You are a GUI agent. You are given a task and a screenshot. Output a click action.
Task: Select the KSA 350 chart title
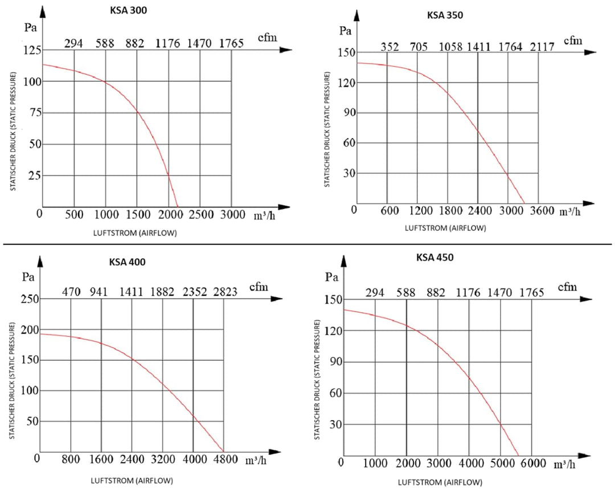click(x=445, y=15)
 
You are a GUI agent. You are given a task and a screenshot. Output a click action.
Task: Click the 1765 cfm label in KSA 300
click(x=231, y=43)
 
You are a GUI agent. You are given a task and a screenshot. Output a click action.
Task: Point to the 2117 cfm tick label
click(x=541, y=47)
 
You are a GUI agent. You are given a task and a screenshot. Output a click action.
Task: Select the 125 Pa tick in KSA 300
click(x=31, y=51)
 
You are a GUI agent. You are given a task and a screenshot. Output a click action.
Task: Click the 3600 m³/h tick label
click(x=541, y=211)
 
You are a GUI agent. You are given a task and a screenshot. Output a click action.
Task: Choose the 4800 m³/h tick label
click(x=225, y=459)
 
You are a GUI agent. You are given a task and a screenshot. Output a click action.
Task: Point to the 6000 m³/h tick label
click(x=532, y=463)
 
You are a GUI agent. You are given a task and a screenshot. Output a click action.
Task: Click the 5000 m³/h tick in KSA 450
click(x=501, y=463)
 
